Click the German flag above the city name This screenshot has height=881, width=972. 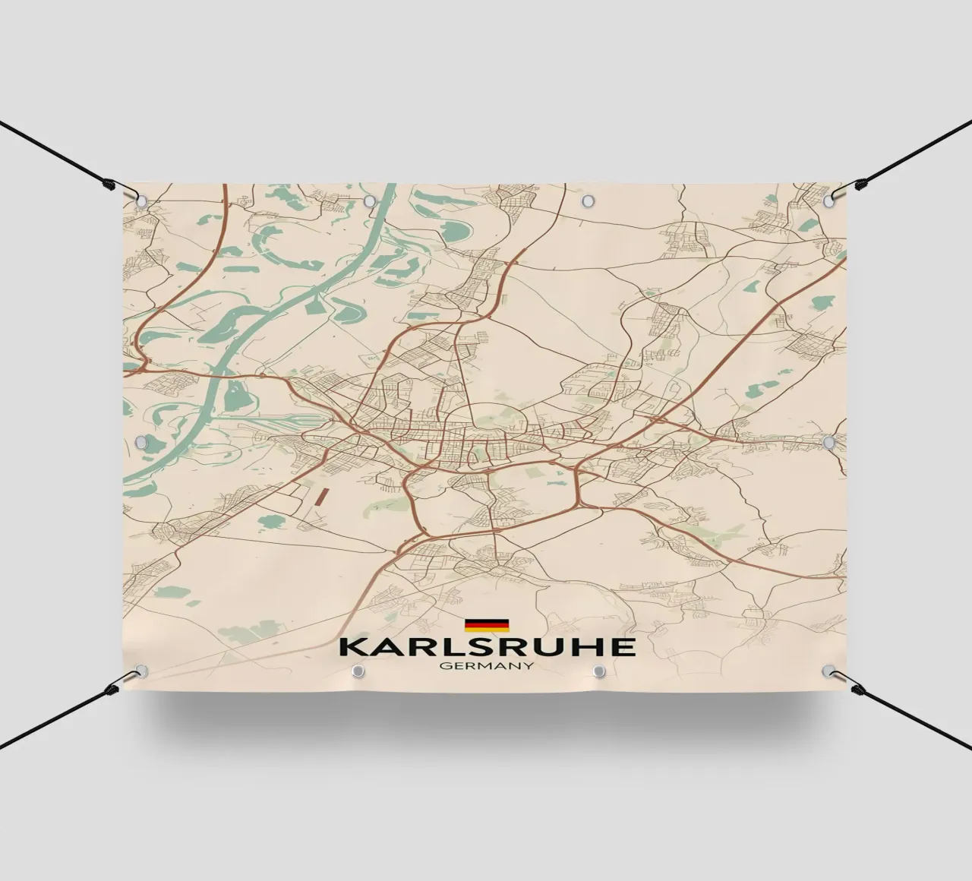487,625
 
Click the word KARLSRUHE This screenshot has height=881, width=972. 487,646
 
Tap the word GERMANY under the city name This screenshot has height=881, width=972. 487,667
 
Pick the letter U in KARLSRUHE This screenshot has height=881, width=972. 548,646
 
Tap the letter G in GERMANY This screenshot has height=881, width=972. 445,667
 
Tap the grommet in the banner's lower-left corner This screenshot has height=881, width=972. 141,671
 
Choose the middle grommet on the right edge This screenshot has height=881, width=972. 830,440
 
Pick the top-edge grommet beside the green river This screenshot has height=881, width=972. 370,201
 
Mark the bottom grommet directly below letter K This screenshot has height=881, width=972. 358,671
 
